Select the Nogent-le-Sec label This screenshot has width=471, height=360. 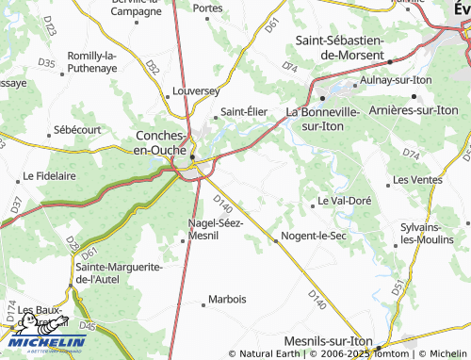pos(314,236)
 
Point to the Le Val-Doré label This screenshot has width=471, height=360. pos(346,201)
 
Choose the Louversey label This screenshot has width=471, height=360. pos(196,92)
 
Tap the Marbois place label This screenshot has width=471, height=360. pos(228,300)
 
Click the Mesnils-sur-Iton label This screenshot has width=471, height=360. pos(330,342)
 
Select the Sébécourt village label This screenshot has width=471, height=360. pos(77,128)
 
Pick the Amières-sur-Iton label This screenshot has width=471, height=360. pos(414,110)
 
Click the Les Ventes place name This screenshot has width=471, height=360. pos(417,179)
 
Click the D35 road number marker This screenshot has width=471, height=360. pos(46,63)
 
